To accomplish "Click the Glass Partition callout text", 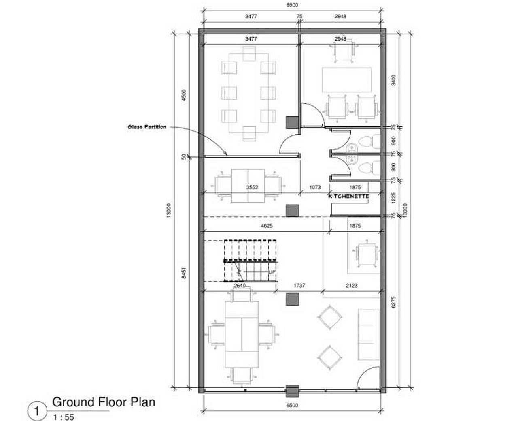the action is coord(147,127).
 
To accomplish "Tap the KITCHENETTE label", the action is coord(348,196).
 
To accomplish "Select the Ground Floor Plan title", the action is coord(104,402).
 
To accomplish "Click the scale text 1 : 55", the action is coord(64,417).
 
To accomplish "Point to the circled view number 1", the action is coord(37,411).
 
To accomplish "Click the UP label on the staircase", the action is coord(272,272).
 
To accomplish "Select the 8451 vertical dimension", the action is coord(184,273).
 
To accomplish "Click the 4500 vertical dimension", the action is coord(184,95).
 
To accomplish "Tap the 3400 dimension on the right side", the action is coord(393,80).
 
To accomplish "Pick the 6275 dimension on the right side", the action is coord(393,302).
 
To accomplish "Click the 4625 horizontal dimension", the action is coord(267,226).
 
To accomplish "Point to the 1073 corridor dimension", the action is coord(315,187).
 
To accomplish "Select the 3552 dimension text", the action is coord(252,187).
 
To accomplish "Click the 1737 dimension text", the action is coord(299,285).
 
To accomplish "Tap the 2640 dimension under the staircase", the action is coord(240,285).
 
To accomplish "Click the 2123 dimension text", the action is coord(352,285).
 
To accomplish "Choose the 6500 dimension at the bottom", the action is coord(292,405).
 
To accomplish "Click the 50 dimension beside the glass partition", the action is coord(184,156).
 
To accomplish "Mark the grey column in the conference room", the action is coord(292,122).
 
